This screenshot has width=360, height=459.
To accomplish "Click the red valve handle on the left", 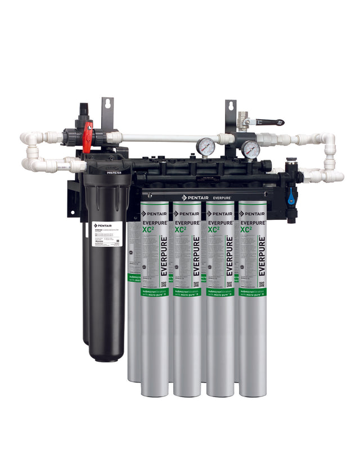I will (88, 138).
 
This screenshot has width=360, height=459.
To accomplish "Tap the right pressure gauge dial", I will (251, 149).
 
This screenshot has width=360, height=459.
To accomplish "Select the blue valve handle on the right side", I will (291, 196).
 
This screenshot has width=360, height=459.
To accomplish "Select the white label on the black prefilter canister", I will (107, 236).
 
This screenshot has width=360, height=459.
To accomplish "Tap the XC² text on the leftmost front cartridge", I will (148, 229).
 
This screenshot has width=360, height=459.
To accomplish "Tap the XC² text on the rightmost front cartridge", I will (246, 229).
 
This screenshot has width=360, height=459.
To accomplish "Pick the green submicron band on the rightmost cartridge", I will (253, 292).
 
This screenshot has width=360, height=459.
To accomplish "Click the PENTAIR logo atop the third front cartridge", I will (220, 214).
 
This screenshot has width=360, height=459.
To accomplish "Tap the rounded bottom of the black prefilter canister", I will (107, 355).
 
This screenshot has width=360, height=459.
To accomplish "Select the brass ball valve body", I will (244, 121).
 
